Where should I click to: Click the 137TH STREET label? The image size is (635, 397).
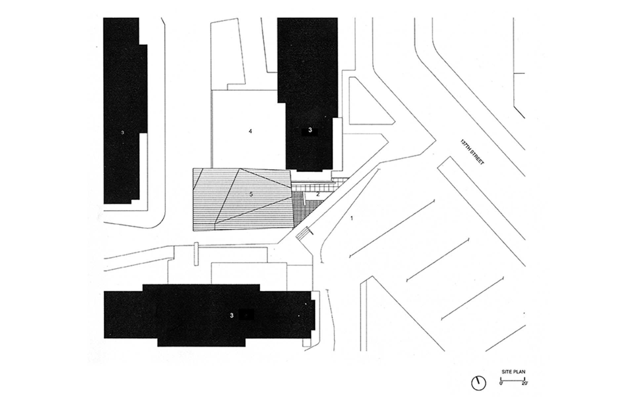(x=472, y=152)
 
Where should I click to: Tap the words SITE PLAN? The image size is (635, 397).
(x=513, y=372)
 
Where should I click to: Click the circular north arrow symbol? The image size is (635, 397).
(x=479, y=383)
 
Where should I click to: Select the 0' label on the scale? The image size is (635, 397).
(x=501, y=383)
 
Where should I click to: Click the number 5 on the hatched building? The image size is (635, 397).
(x=251, y=194)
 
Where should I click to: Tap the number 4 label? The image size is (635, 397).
(x=250, y=131)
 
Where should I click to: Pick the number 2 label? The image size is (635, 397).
(x=318, y=194)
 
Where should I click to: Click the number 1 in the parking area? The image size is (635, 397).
(x=352, y=218)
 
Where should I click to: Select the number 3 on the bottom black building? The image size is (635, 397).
(x=232, y=316)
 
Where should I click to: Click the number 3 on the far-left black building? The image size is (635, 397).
(x=122, y=132)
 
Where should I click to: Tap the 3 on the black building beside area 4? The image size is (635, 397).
(x=310, y=130)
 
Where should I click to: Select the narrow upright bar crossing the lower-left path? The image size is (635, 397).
(x=196, y=254)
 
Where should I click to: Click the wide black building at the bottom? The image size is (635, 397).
(x=209, y=315)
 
